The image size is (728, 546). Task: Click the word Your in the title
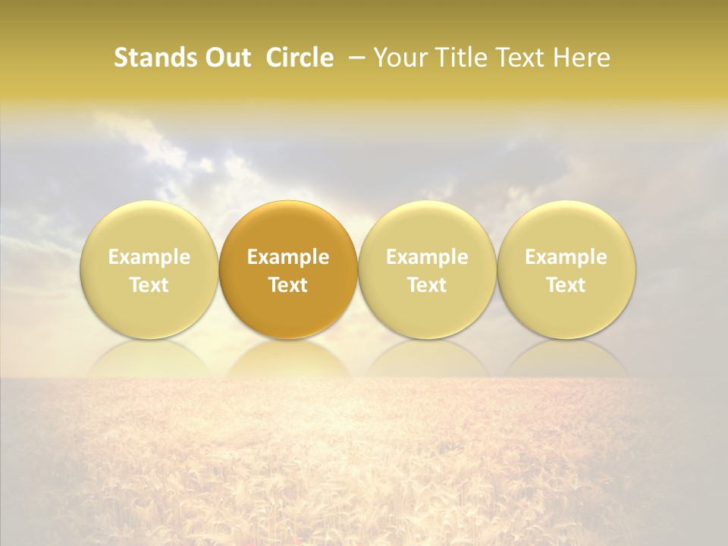click(x=401, y=58)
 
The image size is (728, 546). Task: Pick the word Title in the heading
click(x=462, y=58)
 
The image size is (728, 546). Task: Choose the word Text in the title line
click(x=523, y=58)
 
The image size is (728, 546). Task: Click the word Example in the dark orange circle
click(x=288, y=257)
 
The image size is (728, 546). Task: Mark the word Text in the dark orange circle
click(x=288, y=285)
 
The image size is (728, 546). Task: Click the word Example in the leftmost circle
click(x=149, y=257)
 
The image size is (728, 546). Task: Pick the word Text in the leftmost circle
click(x=149, y=285)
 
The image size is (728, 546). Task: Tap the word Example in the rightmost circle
click(x=566, y=257)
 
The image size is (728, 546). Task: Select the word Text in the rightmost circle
click(x=566, y=285)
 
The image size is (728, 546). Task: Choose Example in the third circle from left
click(x=427, y=257)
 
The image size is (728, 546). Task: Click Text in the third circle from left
click(x=427, y=285)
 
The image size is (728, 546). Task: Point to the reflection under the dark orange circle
click(x=288, y=358)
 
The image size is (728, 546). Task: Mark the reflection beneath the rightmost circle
click(x=566, y=358)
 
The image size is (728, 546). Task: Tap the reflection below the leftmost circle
click(x=149, y=358)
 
